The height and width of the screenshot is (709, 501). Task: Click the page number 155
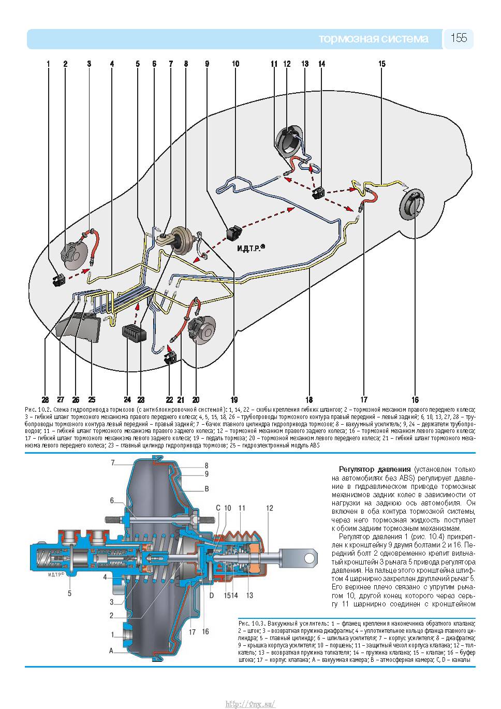[459, 38]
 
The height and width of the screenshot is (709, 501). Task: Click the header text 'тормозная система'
[373, 39]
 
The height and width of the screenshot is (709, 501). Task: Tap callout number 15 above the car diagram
[382, 64]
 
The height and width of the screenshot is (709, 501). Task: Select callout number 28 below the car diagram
[46, 399]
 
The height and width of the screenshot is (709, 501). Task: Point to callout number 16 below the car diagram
[415, 399]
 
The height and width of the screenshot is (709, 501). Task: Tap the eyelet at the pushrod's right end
[310, 558]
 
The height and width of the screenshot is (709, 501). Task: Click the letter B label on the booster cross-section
[207, 489]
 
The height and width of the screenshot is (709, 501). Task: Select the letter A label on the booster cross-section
[111, 651]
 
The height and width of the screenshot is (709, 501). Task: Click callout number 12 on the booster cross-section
[270, 508]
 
